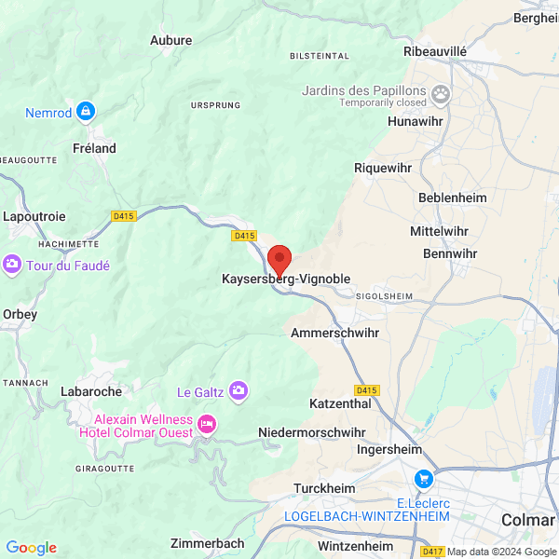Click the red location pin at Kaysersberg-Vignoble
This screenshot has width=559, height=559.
279,259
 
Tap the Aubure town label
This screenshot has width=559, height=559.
171,40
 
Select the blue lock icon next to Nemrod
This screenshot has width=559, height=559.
86,112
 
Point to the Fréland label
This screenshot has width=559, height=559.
94,148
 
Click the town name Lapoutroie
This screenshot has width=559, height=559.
34,216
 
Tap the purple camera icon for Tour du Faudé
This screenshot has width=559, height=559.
13,265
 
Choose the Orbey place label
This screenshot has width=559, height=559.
20,315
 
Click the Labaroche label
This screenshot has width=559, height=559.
90,392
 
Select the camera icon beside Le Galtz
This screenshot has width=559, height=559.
239,390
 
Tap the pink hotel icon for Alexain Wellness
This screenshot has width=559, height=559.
207,425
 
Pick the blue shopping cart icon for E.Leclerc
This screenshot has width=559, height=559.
424,478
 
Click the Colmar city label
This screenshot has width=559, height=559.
528,520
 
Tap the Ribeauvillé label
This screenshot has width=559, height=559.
441,52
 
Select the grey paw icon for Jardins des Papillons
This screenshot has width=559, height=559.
441,93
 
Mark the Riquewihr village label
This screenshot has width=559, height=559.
383,168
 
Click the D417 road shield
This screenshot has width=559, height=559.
432,552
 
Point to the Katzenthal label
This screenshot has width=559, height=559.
340,403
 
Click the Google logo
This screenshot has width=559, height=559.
31,548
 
